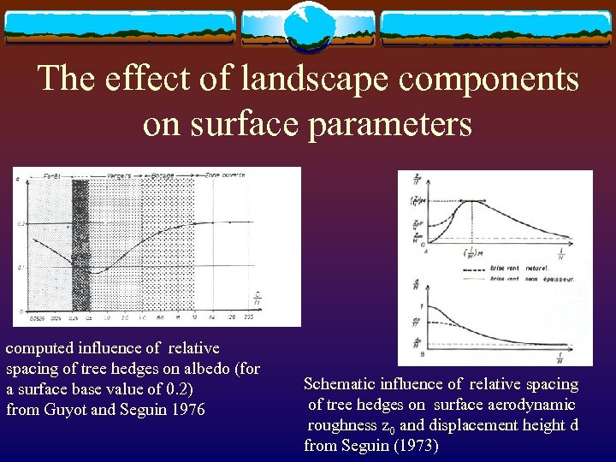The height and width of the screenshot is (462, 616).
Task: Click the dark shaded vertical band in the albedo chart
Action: [x=81, y=244]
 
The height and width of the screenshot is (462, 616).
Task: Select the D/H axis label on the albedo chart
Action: [x=258, y=299]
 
